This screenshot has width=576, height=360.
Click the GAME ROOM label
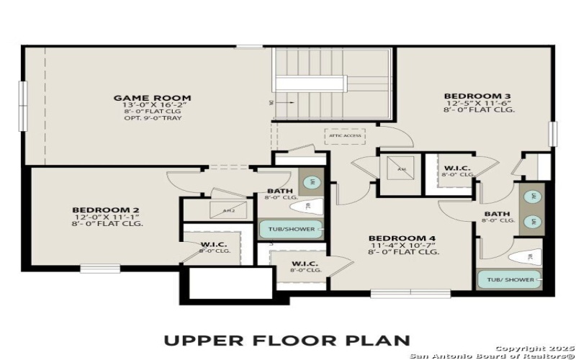152,97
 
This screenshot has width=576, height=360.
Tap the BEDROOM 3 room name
467,96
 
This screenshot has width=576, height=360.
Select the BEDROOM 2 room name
105,210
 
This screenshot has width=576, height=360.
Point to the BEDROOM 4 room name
402,238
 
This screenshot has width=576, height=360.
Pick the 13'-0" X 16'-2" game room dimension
152,105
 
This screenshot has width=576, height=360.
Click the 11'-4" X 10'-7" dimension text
402,246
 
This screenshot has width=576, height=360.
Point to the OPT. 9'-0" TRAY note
152,118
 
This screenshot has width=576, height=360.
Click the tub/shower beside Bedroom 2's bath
290,230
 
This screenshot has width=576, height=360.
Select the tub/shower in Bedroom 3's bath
510,279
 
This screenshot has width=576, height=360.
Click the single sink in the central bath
310,183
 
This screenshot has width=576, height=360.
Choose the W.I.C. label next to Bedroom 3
457,168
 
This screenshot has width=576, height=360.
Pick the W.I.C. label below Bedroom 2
214,245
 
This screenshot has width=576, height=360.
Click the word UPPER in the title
199,340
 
